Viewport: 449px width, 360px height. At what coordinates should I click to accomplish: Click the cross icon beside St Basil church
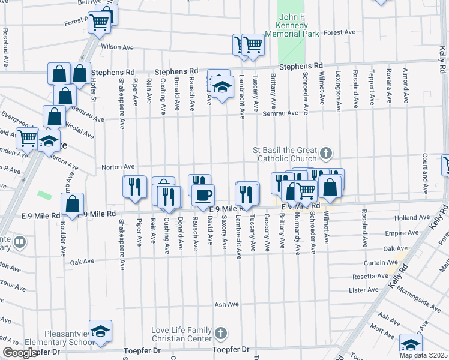[326, 154]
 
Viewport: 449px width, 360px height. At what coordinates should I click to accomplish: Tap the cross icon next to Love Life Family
[220, 332]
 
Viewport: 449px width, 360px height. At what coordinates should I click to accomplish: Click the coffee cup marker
[203, 194]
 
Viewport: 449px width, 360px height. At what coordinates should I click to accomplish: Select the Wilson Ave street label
[117, 47]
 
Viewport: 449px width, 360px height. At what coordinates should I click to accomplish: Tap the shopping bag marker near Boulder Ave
[72, 204]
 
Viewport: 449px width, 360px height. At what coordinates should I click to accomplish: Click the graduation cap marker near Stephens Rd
[221, 88]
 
